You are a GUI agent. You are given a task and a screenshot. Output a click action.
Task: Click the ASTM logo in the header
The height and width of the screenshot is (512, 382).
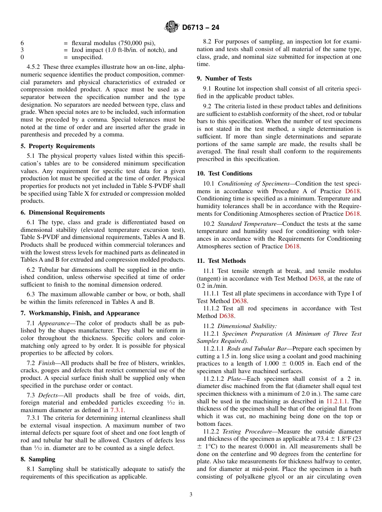[x=172, y=27]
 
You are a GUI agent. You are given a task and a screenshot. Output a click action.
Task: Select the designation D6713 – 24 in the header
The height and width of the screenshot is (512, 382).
[x=200, y=28]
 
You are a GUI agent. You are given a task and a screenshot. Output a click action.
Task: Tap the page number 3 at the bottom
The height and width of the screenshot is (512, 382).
[x=191, y=494]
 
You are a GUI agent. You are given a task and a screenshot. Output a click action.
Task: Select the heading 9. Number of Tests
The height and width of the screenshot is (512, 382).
[x=224, y=78]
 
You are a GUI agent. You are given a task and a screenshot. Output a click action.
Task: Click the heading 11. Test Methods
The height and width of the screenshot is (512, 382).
[x=221, y=261]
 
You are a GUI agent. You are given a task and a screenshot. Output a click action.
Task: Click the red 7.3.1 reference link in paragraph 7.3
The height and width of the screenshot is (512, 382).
[x=117, y=410]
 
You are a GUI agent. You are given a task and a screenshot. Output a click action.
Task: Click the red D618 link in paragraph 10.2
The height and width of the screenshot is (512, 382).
[x=292, y=246]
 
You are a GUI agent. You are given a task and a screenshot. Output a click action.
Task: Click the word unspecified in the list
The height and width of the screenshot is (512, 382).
[x=87, y=58]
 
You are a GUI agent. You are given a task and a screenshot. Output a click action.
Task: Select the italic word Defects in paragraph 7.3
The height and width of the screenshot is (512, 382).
[x=48, y=403]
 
